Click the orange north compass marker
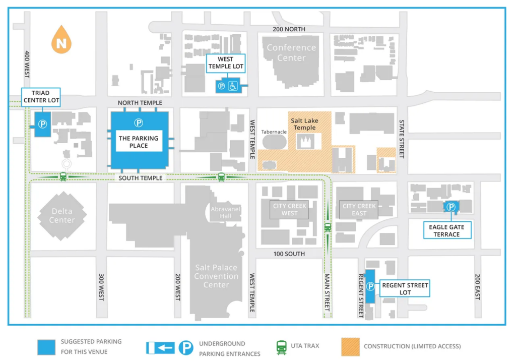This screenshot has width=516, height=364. [x=61, y=40]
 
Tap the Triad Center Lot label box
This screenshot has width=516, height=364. [x=41, y=97]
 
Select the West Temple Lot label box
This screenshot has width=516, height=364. [x=225, y=63]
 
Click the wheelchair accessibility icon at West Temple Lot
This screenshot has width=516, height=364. [x=234, y=86]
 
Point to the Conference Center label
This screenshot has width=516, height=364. [x=291, y=52]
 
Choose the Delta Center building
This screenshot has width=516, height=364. [x=61, y=215]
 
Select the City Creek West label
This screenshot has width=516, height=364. [x=289, y=210]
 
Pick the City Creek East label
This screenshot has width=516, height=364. [x=359, y=210]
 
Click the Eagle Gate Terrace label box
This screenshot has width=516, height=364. [x=447, y=231]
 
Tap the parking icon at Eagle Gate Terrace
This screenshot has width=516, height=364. [x=451, y=207]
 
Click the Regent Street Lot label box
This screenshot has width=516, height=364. [x=405, y=289]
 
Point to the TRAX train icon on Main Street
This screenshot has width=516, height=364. [x=328, y=227]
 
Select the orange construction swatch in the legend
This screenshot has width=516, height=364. [x=350, y=347]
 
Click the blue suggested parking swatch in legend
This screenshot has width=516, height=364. [x=46, y=347]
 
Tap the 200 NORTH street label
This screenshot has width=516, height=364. [x=289, y=29]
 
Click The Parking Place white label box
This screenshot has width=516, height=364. [x=139, y=142]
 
